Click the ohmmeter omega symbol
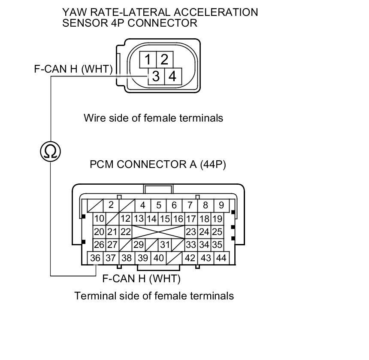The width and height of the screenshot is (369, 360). pos(51,151)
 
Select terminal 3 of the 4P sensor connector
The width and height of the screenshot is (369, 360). pos(156,76)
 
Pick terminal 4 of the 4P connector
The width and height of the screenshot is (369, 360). pos(172,76)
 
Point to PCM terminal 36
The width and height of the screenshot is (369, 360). pos(95,258)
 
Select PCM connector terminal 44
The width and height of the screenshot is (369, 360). pos(221,258)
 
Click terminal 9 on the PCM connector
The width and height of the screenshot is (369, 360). pos(221,205)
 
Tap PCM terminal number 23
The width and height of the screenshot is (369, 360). pos(191,232)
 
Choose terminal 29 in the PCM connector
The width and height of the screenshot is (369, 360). pos(138,245)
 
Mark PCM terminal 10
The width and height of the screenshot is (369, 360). pos(99,219)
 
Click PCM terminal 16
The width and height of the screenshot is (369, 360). pos(178,219)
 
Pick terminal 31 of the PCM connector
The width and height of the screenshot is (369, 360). pos(165,245)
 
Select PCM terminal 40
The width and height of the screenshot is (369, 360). pos(159,258)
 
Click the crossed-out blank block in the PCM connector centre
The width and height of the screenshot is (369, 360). pos(158,232)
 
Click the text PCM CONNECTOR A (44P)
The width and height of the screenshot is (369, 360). pos(157,165)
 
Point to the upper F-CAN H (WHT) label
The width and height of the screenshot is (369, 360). pos(73,69)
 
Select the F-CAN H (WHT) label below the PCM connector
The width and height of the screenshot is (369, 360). pos(141,279)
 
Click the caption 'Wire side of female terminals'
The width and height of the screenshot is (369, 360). pos(153,118)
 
